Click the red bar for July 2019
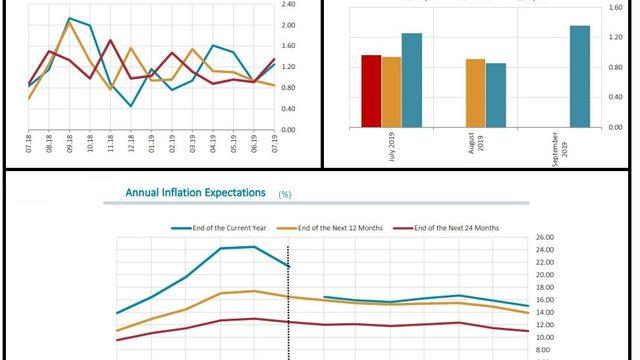(x=371, y=91)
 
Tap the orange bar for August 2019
(x=475, y=93)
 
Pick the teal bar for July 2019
(x=411, y=80)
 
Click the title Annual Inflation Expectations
(x=196, y=192)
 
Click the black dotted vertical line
(x=289, y=300)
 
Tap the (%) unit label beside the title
(x=285, y=194)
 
